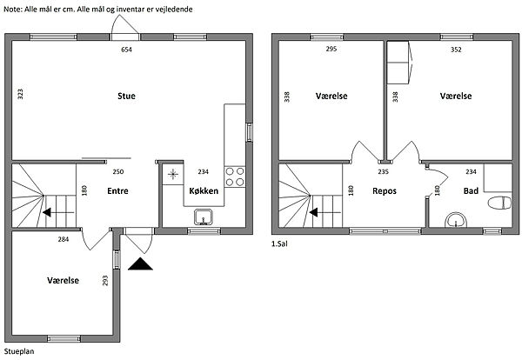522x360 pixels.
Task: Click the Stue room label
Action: (x=126, y=97)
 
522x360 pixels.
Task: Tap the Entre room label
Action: (x=117, y=191)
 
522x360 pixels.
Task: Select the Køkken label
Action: (x=204, y=191)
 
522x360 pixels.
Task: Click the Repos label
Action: (x=385, y=191)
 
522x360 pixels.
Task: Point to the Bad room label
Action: (x=471, y=191)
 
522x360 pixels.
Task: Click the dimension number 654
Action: (x=126, y=50)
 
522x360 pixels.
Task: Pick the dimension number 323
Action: (x=20, y=94)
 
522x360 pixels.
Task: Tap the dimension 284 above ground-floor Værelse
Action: (x=64, y=239)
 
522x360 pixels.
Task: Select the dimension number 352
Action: (x=456, y=50)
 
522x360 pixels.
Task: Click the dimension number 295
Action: (x=331, y=49)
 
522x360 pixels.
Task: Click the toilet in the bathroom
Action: (x=499, y=203)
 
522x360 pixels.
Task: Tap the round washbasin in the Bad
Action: (x=456, y=220)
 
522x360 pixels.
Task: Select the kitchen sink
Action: (x=204, y=217)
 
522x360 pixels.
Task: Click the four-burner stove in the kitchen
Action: (x=235, y=177)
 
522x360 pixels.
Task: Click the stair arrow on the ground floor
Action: (x=58, y=212)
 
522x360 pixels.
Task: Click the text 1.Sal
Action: (x=279, y=243)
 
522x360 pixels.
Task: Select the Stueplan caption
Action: (x=19, y=351)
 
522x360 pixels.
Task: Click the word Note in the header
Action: (x=13, y=10)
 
